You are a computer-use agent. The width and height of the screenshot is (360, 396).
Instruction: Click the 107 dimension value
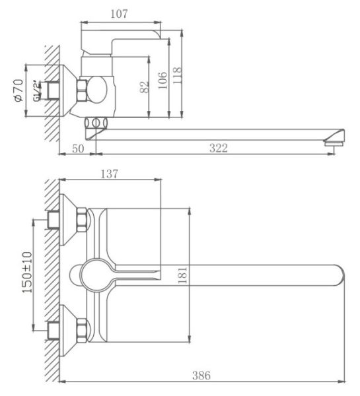119,14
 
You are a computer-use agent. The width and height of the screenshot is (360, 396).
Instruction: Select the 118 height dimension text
177,75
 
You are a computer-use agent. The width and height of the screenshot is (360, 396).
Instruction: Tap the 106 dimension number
163,81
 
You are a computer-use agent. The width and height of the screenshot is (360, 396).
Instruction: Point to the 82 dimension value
145,87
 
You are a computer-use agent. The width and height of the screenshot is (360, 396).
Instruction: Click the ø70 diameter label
18,90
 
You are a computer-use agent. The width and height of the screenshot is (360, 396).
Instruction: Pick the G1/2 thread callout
37,91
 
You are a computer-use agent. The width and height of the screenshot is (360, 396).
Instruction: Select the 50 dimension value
78,148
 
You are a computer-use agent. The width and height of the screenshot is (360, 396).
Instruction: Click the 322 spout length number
219,148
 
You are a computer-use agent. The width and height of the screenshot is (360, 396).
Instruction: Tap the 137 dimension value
110,174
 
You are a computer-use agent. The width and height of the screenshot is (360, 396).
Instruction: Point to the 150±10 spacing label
27,272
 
